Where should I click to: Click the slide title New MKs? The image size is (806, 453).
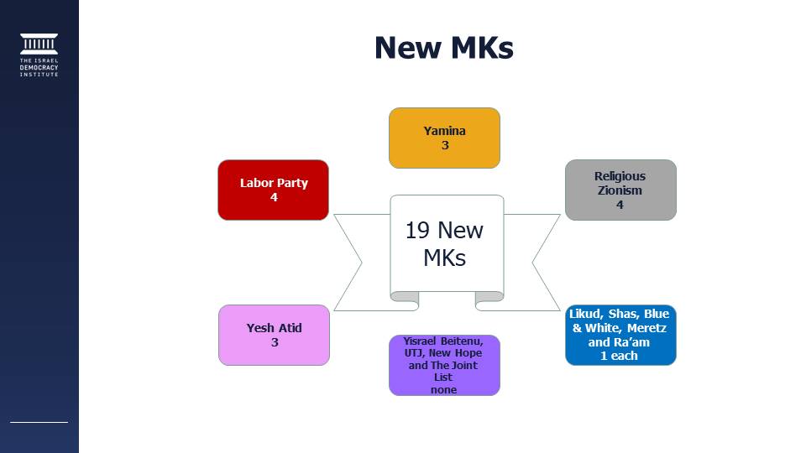443,48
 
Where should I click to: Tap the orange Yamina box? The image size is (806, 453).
444,138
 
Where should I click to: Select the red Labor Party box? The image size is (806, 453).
273,190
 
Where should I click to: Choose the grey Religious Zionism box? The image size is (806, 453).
620,190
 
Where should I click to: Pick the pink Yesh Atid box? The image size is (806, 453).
274,335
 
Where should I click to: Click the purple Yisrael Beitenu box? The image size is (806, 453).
444,365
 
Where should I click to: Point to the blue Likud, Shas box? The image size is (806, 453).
620,335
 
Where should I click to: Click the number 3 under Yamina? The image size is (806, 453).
445,145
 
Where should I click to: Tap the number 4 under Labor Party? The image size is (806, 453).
274,197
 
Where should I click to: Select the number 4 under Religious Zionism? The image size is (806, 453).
620,205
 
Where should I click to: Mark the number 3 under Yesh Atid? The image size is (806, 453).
275,342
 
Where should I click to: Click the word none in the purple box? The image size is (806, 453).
443,390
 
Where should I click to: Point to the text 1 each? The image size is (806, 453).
619,356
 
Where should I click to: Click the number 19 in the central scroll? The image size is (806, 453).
417,231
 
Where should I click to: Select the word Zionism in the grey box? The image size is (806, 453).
620,190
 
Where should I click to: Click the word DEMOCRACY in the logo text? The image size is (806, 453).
39,68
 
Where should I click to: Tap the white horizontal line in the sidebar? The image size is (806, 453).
39,422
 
